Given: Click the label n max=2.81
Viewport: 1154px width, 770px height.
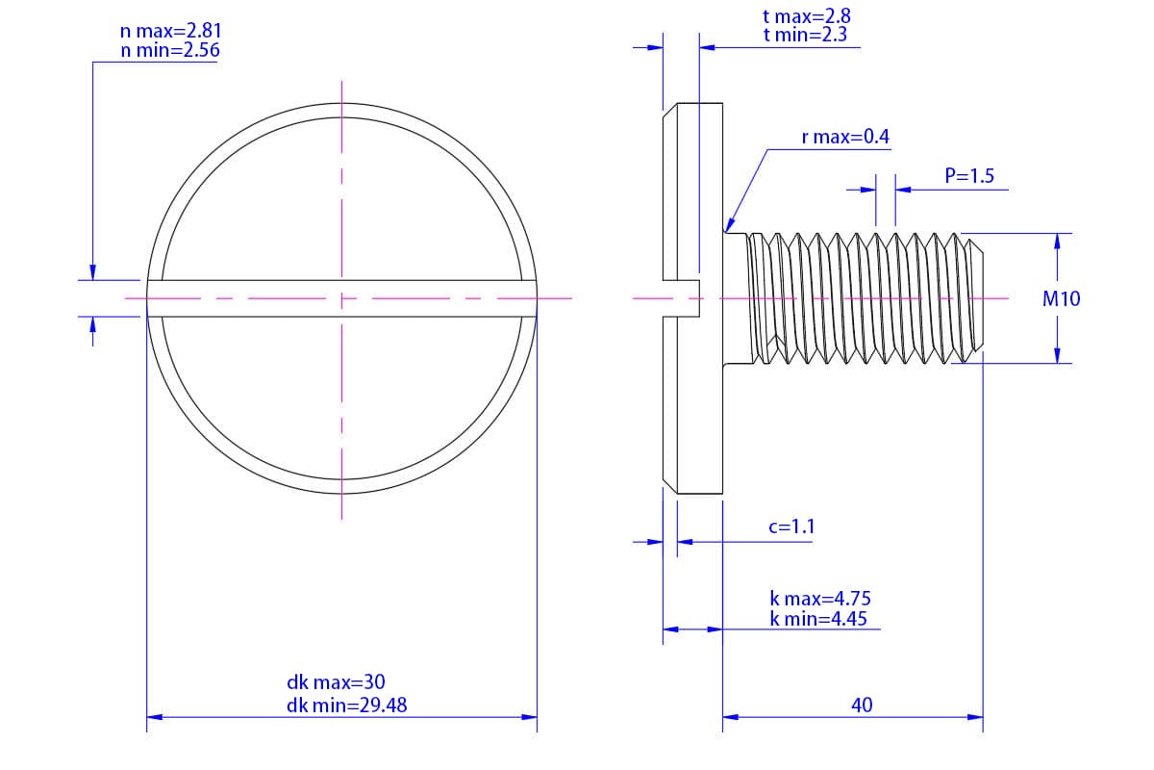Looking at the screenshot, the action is coord(170,31).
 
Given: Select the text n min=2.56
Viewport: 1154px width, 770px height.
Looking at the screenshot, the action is coord(170,51).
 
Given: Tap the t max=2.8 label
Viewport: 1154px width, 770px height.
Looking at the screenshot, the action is coord(807,16).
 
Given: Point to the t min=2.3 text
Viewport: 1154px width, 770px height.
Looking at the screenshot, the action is coord(805,35).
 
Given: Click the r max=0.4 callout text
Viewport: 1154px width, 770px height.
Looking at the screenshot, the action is coord(845,137).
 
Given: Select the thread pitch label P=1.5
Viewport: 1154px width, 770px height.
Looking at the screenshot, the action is coord(969,176).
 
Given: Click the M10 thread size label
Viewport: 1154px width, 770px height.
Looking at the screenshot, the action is coord(1062,298).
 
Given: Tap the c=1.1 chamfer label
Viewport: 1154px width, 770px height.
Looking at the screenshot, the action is coord(791,526).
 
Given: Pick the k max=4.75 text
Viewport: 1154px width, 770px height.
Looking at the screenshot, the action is coord(820,599).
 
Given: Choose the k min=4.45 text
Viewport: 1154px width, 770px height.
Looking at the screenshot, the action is coord(818,618).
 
